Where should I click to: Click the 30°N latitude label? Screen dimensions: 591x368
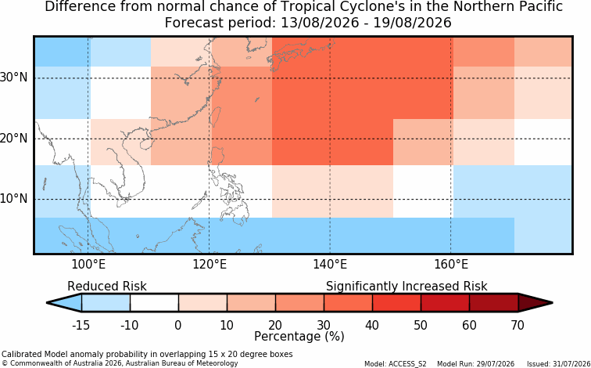click(x=14, y=78)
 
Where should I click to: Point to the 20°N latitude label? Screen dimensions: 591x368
click(x=14, y=139)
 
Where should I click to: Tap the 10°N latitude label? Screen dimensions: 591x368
click(x=14, y=199)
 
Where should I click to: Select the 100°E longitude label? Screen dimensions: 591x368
click(x=88, y=265)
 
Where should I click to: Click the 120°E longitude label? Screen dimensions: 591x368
click(x=210, y=265)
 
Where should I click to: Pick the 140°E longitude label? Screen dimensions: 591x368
click(x=330, y=265)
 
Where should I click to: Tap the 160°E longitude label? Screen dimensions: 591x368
click(x=451, y=265)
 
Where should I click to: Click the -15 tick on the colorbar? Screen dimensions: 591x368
click(x=81, y=325)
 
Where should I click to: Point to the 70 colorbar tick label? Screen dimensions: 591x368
click(x=518, y=325)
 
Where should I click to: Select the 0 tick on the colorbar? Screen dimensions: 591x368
click(x=178, y=325)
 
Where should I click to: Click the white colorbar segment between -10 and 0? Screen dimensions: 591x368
click(x=154, y=303)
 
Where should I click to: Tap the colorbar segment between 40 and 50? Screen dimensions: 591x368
click(x=396, y=303)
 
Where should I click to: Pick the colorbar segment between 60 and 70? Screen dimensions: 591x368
click(x=494, y=303)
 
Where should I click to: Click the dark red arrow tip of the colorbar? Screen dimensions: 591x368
click(x=551, y=303)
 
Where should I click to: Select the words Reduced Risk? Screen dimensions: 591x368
click(x=107, y=286)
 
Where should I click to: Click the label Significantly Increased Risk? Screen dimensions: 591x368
click(x=407, y=287)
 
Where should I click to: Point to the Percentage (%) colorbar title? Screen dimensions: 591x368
click(x=299, y=337)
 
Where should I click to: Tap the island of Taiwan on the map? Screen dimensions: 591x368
click(x=215, y=117)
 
